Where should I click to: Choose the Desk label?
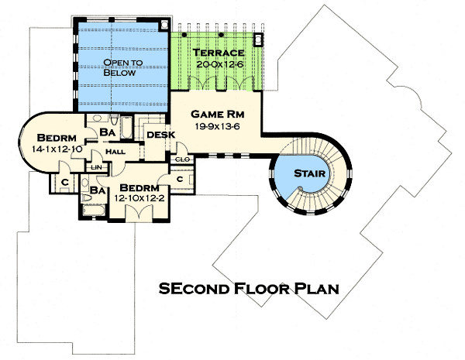[x=161, y=135]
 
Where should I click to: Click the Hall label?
[x=115, y=152]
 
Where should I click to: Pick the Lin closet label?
[x=97, y=166]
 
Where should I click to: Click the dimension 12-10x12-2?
[x=140, y=198]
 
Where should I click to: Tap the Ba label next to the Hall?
[x=108, y=133]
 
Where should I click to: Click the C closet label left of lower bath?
[x=62, y=183]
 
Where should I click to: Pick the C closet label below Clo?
[x=179, y=180]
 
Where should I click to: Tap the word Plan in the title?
[x=315, y=289]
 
